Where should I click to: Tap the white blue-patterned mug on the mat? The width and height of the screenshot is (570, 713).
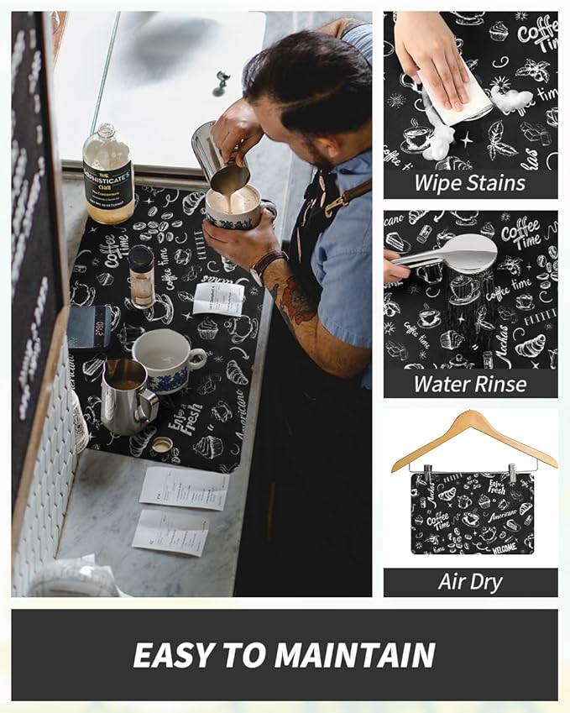(x=166, y=359)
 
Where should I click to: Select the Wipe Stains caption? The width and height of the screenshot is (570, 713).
(x=469, y=184)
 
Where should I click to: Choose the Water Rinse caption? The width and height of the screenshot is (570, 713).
(x=469, y=384)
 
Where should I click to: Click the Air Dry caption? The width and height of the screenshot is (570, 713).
(x=469, y=582)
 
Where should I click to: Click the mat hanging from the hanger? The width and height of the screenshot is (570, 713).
(x=472, y=512)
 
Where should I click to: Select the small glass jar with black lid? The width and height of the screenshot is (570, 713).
(x=141, y=276)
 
